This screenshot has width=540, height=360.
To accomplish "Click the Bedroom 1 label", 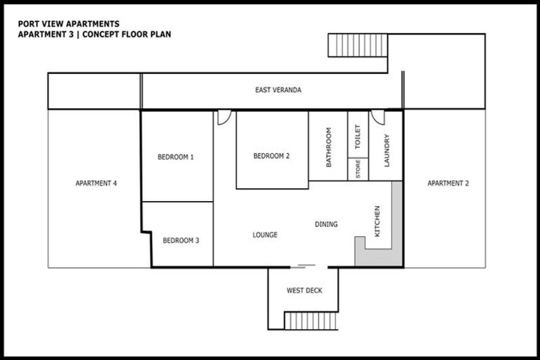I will tap(176, 157).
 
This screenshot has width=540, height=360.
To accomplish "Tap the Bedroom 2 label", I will tap(271, 157).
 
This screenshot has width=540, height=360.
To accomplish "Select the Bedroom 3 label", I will tap(181, 240).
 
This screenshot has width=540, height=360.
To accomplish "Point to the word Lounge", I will tap(264, 235).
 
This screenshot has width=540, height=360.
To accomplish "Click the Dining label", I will tap(326, 224).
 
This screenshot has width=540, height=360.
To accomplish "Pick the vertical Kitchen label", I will tap(378, 221).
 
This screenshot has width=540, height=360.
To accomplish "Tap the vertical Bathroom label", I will tap(328, 146).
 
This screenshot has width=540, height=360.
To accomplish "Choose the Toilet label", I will tap(357, 136).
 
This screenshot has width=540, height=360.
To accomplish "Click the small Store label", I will tap(358, 169).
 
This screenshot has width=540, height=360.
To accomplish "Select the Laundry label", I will tap(386, 150).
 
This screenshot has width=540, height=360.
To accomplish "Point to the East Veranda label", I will tap(278, 90).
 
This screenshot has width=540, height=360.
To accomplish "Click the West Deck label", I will tap(304, 290).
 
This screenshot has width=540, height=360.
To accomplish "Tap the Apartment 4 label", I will tap(96, 184).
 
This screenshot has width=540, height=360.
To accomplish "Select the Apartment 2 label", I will tap(448, 184).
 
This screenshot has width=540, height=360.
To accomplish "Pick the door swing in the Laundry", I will tap(378, 117).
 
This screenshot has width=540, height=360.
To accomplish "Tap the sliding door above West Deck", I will tap(307, 266).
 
